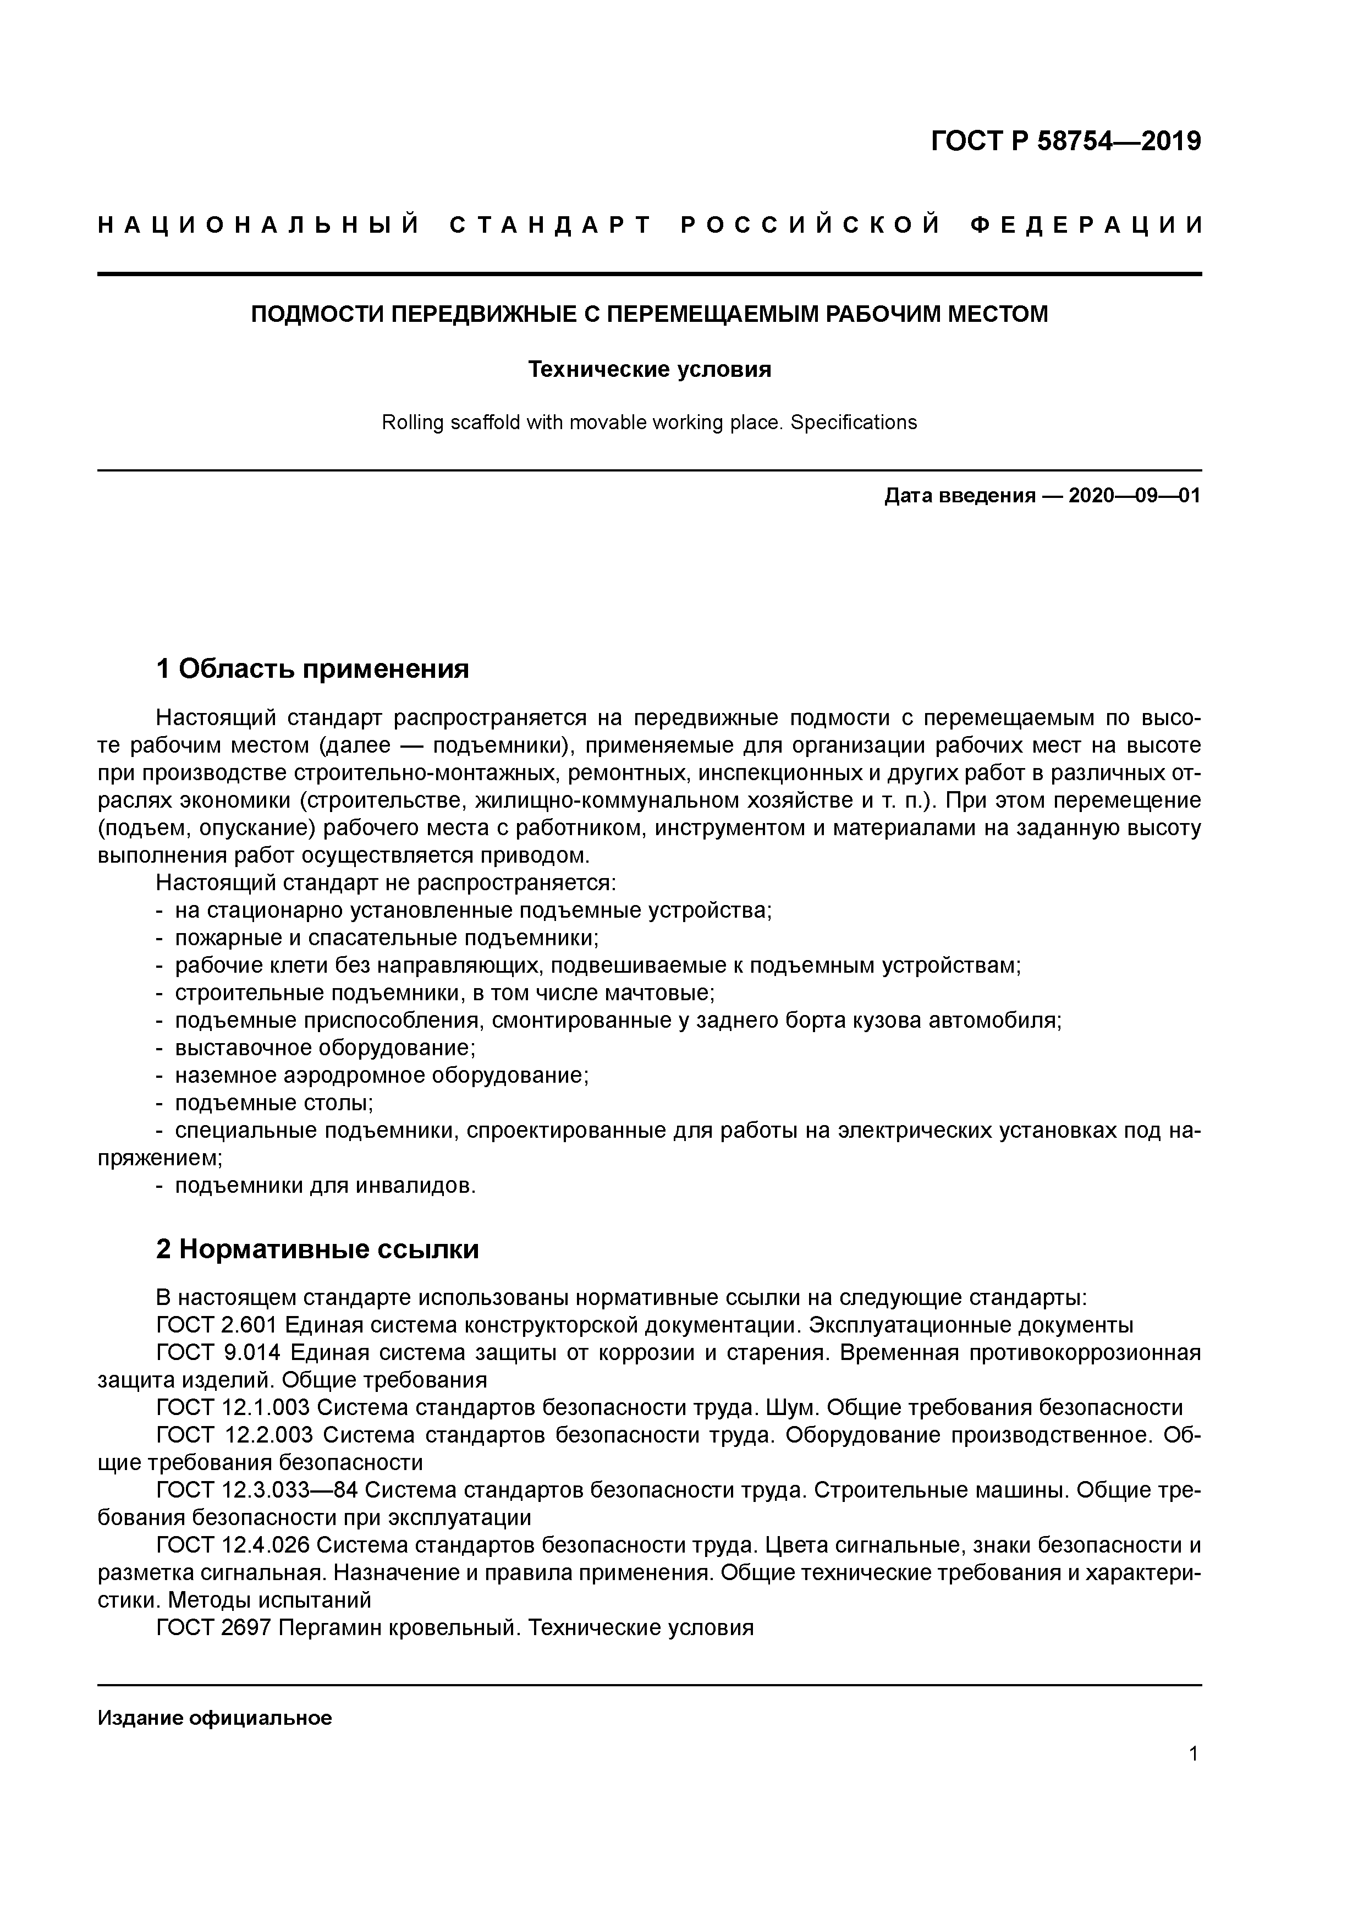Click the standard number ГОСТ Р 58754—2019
[x=1066, y=141]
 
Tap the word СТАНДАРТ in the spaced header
[x=551, y=225]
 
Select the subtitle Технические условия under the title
[x=649, y=369]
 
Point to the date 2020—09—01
[x=1134, y=496]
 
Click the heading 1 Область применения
[x=312, y=669]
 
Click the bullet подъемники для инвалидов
[x=324, y=1185]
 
